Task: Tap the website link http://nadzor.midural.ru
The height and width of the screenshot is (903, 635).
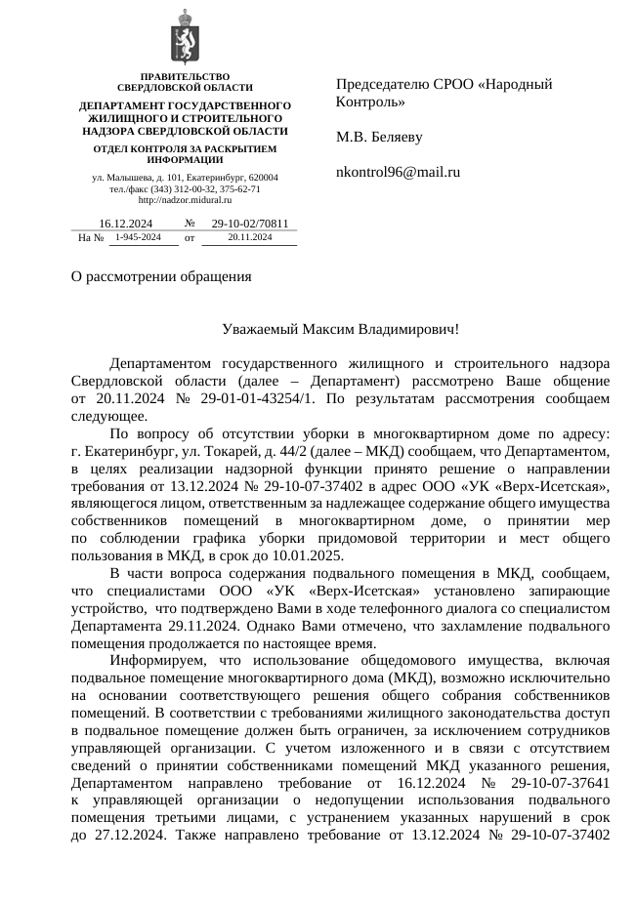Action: (185, 199)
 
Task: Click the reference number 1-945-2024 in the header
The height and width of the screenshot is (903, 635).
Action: (137, 237)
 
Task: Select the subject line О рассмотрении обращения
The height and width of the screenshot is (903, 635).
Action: (154, 275)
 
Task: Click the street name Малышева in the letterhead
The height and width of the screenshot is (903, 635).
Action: (126, 177)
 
